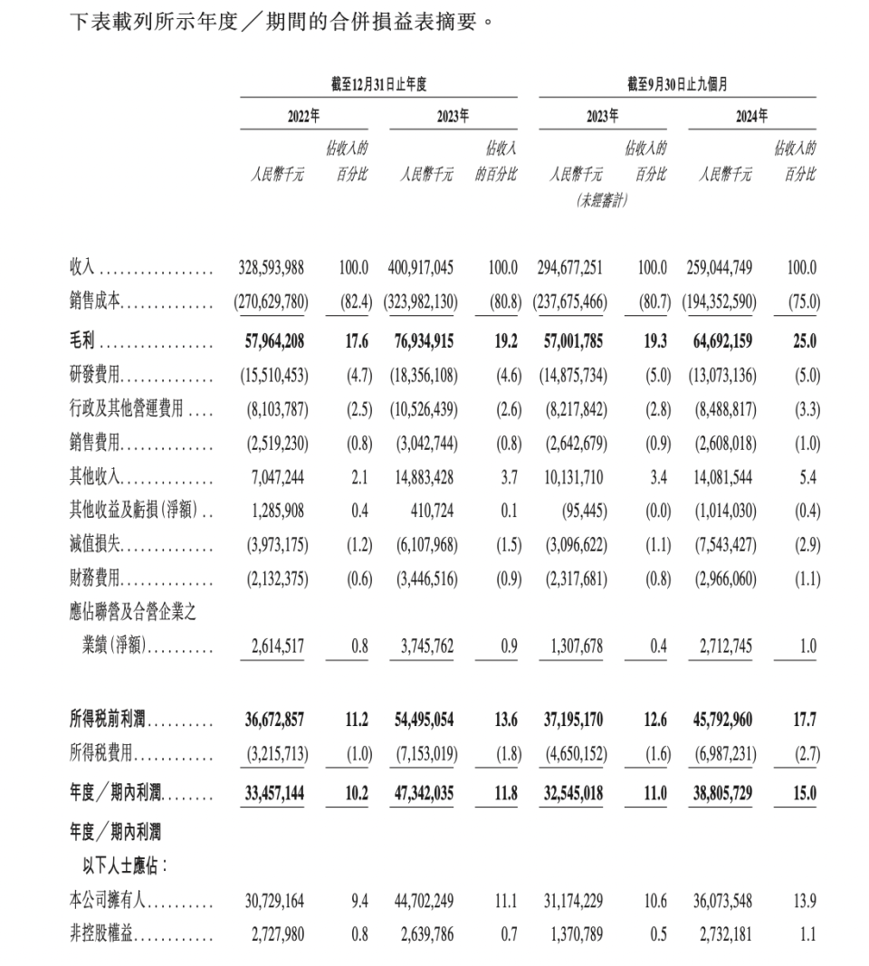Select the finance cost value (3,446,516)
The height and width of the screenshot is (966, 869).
(423, 579)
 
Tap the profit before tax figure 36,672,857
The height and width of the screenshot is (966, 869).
(274, 721)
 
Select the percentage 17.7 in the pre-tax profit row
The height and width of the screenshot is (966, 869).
(804, 721)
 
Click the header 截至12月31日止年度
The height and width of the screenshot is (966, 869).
(378, 84)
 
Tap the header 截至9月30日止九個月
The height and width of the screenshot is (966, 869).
(677, 84)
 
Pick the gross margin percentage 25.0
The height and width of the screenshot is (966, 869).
(804, 341)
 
